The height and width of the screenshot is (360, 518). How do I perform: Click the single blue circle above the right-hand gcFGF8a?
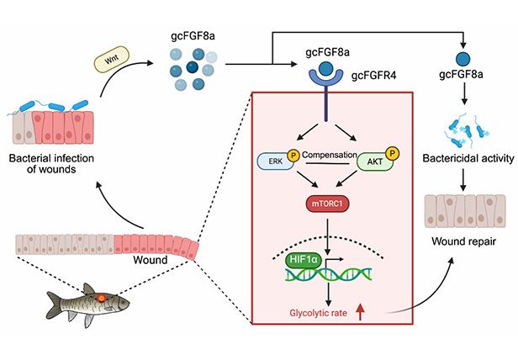pyautogui.click(x=462, y=59)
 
